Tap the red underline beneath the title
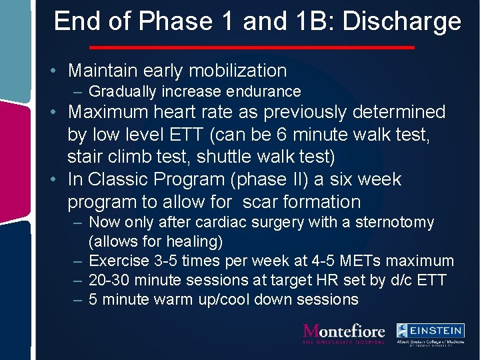(x=251, y=47)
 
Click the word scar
(x=262, y=202)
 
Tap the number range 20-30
(x=110, y=280)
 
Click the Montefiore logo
(x=344, y=333)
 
